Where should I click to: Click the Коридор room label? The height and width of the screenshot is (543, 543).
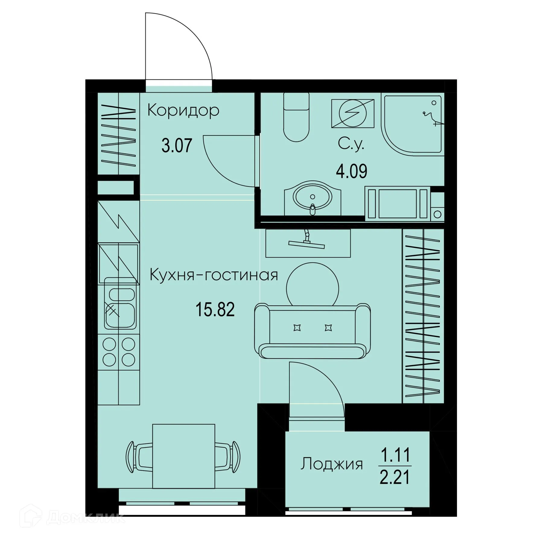[x=183, y=111]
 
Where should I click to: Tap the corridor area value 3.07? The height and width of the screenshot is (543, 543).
[x=177, y=145]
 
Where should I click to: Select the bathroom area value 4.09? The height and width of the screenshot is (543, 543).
[x=351, y=171]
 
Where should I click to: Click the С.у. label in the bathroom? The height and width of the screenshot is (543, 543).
[x=351, y=144]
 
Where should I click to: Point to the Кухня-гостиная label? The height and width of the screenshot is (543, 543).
[x=214, y=275]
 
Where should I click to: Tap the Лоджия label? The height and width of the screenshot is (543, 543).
[x=332, y=464]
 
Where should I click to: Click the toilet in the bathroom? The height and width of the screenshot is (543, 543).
[x=297, y=118]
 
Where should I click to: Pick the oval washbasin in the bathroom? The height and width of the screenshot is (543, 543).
[x=312, y=198]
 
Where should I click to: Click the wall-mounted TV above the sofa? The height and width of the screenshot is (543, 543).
[x=308, y=243]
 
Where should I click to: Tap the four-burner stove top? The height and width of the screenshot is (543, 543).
[x=119, y=352]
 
